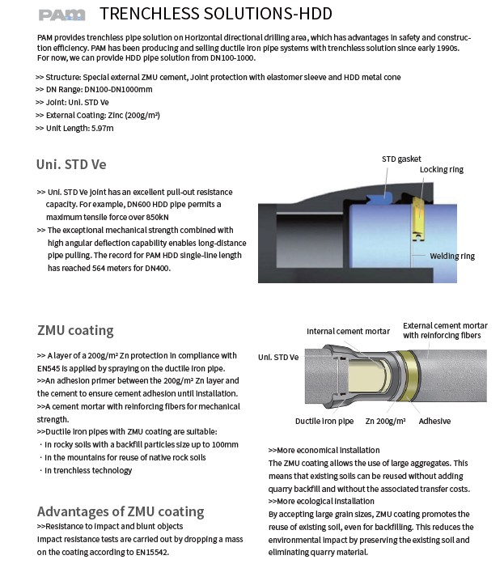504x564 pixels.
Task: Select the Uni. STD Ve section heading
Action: (x=71, y=164)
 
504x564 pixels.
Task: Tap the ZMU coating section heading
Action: (x=75, y=330)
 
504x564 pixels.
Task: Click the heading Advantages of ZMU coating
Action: (x=121, y=511)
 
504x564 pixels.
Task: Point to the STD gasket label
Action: (x=401, y=159)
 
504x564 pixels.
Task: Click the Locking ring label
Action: (x=441, y=170)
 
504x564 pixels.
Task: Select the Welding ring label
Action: (x=452, y=256)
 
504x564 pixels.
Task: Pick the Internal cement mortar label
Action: (x=348, y=331)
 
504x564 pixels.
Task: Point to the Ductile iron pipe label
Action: (x=324, y=421)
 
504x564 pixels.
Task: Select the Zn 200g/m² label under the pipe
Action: (x=384, y=421)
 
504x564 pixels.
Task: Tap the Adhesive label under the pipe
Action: (x=434, y=421)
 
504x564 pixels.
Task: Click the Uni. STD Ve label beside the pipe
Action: (x=278, y=356)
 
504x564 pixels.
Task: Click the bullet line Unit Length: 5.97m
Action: (x=75, y=128)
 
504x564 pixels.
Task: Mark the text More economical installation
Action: (x=324, y=450)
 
